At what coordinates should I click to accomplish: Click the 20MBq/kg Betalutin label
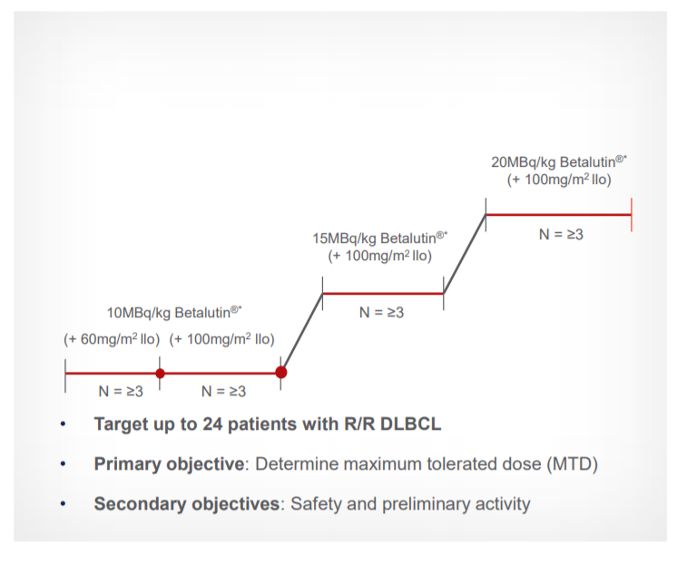tap(559, 161)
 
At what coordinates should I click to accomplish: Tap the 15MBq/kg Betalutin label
tap(380, 238)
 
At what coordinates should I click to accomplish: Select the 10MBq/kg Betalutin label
tap(174, 312)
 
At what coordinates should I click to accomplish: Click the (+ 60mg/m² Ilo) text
tap(112, 339)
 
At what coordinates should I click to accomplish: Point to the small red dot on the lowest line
tap(160, 374)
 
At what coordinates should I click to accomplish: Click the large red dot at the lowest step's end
tap(281, 372)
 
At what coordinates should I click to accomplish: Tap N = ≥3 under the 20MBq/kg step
tap(561, 234)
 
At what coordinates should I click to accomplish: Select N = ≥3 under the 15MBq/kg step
tap(381, 312)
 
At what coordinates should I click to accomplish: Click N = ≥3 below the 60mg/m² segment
tap(121, 391)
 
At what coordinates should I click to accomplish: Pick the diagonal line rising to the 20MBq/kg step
tap(465, 254)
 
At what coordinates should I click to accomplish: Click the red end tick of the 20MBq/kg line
tap(632, 215)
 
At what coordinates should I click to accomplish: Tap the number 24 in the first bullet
tap(212, 423)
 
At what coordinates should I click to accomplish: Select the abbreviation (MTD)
tap(572, 464)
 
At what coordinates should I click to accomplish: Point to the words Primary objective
tap(169, 464)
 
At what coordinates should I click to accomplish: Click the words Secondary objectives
tap(187, 504)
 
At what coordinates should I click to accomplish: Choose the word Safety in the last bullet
tap(316, 504)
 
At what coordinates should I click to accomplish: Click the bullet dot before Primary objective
tap(63, 464)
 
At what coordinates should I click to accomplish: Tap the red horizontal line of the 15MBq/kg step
tap(383, 294)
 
